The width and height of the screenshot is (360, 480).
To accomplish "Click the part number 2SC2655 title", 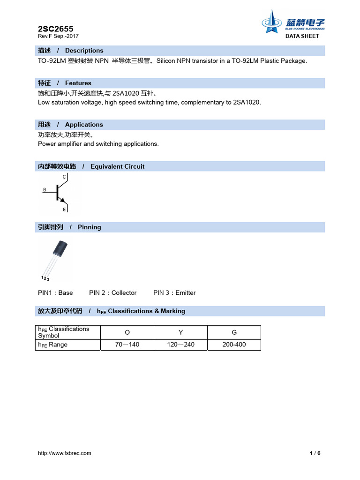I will (x=55, y=29).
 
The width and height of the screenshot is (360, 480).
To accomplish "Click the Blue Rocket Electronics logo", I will (x=292, y=23).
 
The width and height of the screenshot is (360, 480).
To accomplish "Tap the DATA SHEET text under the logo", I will (x=302, y=36).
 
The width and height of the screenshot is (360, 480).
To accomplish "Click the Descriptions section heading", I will (x=84, y=51).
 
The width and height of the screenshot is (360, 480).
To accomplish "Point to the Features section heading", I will (x=78, y=83).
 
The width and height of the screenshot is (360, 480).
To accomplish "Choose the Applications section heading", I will (x=84, y=125).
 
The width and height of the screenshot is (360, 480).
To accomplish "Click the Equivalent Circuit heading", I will (x=117, y=166).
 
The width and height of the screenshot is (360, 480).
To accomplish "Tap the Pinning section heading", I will (x=89, y=227).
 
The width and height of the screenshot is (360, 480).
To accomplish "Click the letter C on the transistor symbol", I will (x=64, y=177).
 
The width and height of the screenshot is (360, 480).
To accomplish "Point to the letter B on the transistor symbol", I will (x=45, y=190).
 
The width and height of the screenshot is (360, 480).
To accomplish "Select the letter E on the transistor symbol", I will (x=64, y=210).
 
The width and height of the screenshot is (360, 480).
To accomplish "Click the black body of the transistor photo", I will (x=61, y=247).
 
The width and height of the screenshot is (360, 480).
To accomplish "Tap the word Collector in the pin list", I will (x=124, y=293).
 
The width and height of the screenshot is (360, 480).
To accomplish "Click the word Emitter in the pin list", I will (x=185, y=293).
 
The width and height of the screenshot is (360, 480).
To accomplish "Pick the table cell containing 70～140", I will (x=127, y=345).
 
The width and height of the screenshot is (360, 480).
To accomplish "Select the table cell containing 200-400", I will (x=234, y=345).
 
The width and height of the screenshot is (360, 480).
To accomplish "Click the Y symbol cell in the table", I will (x=180, y=332).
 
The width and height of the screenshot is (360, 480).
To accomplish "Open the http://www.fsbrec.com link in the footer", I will (x=65, y=453).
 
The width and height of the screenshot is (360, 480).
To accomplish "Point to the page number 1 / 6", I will (x=315, y=453).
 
